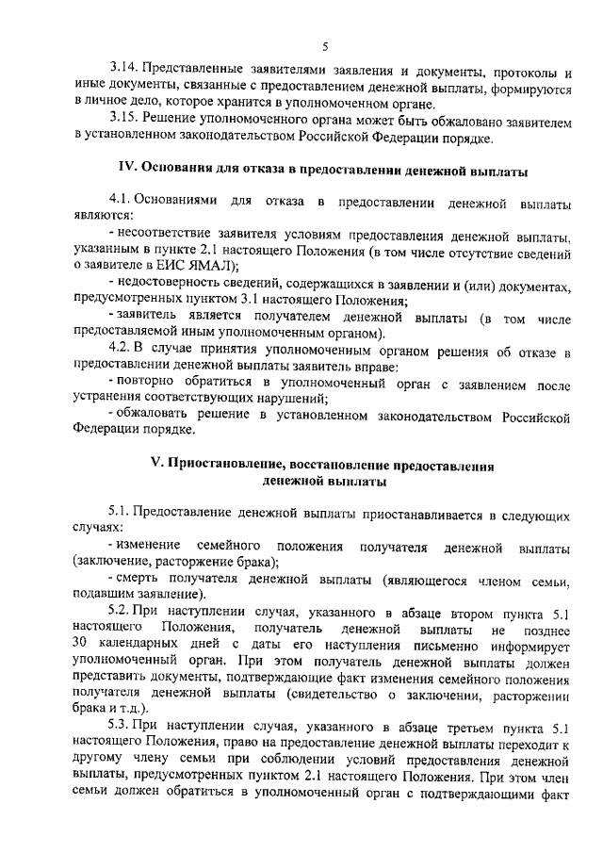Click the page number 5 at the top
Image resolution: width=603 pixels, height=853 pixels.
point(324,45)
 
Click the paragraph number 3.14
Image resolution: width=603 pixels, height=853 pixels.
point(124,70)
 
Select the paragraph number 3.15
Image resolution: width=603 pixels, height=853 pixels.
point(124,121)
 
